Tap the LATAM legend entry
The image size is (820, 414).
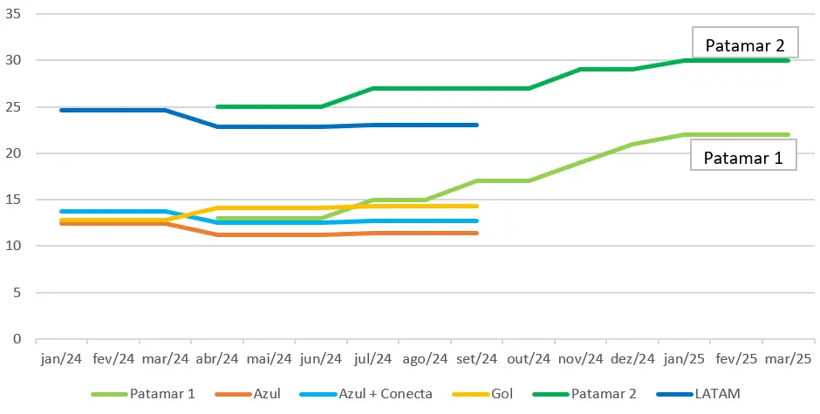tap(707, 394)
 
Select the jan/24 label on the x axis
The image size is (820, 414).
tap(61, 358)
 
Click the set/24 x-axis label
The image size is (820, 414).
tap(476, 358)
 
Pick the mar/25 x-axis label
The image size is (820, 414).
tap(788, 358)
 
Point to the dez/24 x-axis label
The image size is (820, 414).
tap(632, 358)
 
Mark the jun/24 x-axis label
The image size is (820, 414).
tap(321, 358)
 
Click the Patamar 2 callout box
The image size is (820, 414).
tap(744, 44)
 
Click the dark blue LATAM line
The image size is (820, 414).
tap(113, 110)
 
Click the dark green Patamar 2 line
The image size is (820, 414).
tap(436, 88)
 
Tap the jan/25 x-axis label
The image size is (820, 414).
tap(684, 358)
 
